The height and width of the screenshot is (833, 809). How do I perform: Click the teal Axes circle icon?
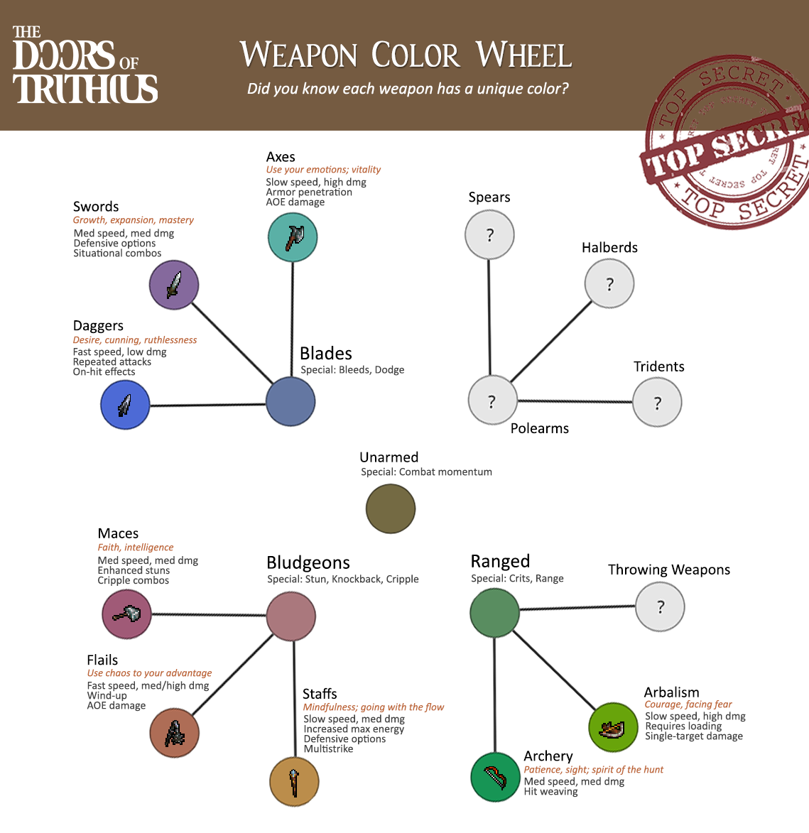(x=293, y=237)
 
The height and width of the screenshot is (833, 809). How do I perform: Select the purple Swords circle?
(x=174, y=285)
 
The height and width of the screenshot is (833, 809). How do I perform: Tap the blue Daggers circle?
(x=125, y=405)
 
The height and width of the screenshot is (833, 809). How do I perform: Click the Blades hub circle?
(x=291, y=402)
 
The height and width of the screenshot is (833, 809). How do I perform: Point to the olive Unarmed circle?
(x=391, y=508)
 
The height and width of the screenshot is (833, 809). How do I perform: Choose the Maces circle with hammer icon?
(x=126, y=614)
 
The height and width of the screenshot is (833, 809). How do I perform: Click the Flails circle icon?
(x=174, y=733)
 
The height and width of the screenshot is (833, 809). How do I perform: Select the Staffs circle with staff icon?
(x=294, y=781)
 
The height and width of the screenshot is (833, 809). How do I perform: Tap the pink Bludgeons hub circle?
(x=291, y=616)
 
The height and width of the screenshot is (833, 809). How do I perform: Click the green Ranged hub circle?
(x=494, y=613)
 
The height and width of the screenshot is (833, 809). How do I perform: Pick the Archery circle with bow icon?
(x=495, y=777)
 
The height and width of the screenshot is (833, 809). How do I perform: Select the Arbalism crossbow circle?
(x=613, y=727)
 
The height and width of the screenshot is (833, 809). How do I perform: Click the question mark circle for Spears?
(x=489, y=235)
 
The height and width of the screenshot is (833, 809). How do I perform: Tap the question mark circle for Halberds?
(x=609, y=283)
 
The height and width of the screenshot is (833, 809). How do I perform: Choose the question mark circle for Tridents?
(x=657, y=402)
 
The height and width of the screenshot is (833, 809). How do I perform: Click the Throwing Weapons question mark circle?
(x=660, y=606)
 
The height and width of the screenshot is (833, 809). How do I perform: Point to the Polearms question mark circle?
(x=492, y=400)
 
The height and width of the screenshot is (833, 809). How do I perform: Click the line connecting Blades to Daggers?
(x=207, y=405)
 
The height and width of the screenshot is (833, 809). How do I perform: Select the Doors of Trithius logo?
(x=85, y=65)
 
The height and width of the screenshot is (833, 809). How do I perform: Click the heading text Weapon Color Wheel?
(x=406, y=55)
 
